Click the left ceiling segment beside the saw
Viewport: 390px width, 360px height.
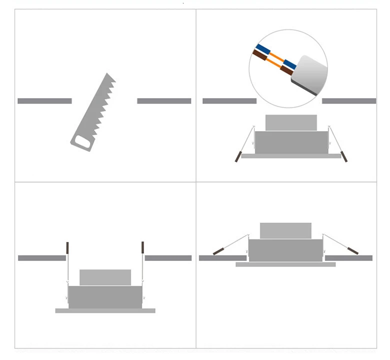44,101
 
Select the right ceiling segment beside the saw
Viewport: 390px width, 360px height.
164,101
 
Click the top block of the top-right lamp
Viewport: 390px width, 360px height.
291,122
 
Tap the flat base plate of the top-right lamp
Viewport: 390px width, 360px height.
291,156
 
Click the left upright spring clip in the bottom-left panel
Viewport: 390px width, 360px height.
67,247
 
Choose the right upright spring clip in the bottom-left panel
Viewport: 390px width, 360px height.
143,247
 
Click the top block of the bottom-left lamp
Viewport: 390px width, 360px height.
105,277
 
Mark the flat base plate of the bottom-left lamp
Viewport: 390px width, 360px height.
105,310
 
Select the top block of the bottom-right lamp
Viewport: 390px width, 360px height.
285,230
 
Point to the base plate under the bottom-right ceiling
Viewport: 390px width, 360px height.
285,264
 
